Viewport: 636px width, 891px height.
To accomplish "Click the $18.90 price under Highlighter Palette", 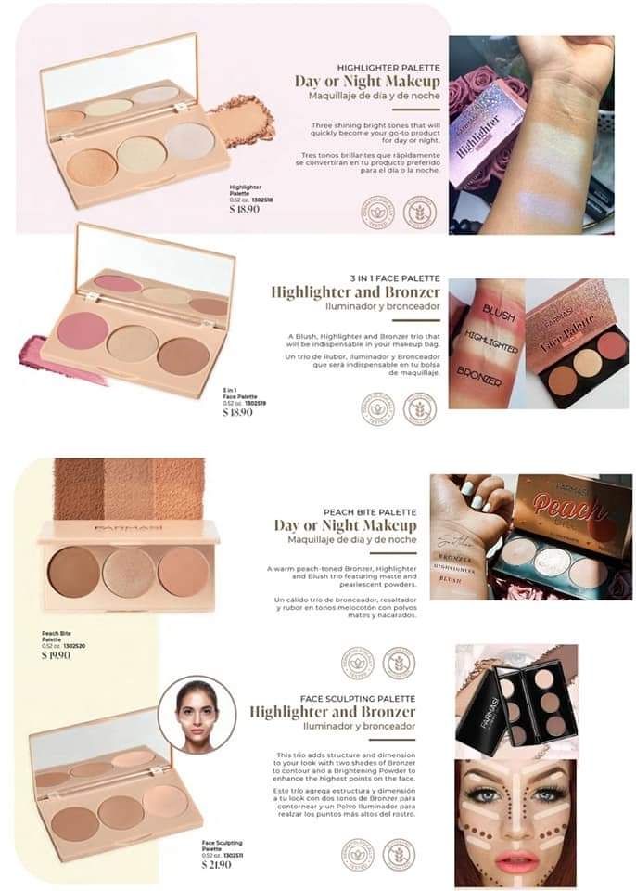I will point(245,210).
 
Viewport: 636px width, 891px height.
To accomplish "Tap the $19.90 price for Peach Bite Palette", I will point(56,655).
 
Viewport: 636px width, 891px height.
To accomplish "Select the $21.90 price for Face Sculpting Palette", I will point(217,865).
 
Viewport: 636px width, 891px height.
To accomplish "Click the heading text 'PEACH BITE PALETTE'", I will point(370,512).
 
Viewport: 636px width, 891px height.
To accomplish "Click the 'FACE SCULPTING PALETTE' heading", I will point(358,698).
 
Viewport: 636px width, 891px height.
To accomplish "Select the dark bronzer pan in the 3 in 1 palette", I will point(183,355).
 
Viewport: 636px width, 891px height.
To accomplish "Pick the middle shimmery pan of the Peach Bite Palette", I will point(129,573).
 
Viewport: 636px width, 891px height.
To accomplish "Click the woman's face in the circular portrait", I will point(196,716).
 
